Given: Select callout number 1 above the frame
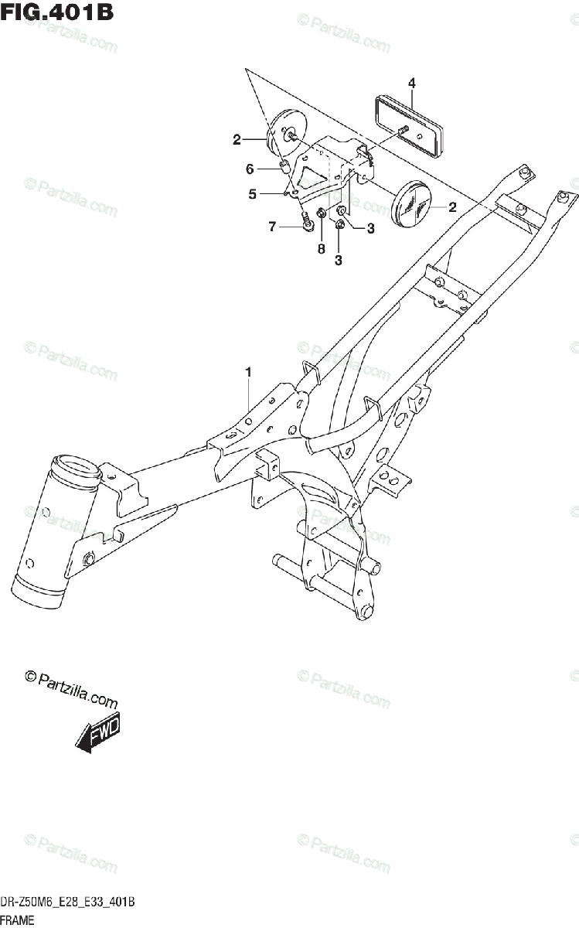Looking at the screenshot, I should pyautogui.click(x=248, y=374).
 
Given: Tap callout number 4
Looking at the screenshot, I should pyautogui.click(x=412, y=84).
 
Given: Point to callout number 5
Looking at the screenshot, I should pyautogui.click(x=252, y=195).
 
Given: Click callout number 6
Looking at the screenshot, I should pyautogui.click(x=250, y=169).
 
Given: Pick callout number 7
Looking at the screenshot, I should pyautogui.click(x=271, y=227).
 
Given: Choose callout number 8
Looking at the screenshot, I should pyautogui.click(x=321, y=249).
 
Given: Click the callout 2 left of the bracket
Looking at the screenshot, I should pyautogui.click(x=237, y=140).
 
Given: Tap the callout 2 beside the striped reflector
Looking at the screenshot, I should pyautogui.click(x=452, y=206).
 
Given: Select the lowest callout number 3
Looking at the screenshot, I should pyautogui.click(x=338, y=261).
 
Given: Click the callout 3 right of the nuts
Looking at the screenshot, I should pyautogui.click(x=370, y=228).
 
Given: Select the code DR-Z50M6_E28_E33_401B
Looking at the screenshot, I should pyautogui.click(x=69, y=902).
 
